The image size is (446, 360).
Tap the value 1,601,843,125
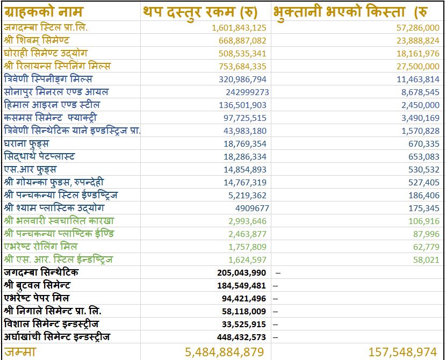[x=239, y=28]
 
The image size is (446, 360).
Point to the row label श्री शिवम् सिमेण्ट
[x=37, y=40]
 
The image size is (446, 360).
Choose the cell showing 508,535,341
[x=242, y=54]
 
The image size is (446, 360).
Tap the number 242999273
[x=247, y=92]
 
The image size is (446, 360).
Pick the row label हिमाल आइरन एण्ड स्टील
[x=52, y=105]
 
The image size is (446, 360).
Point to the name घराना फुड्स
[x=26, y=143]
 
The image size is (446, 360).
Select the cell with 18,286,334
[x=245, y=156]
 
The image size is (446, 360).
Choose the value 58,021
[x=427, y=260]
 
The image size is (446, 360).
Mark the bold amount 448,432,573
[x=242, y=337]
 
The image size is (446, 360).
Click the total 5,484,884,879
[x=225, y=352]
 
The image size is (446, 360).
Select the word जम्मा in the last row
[x=20, y=352]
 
